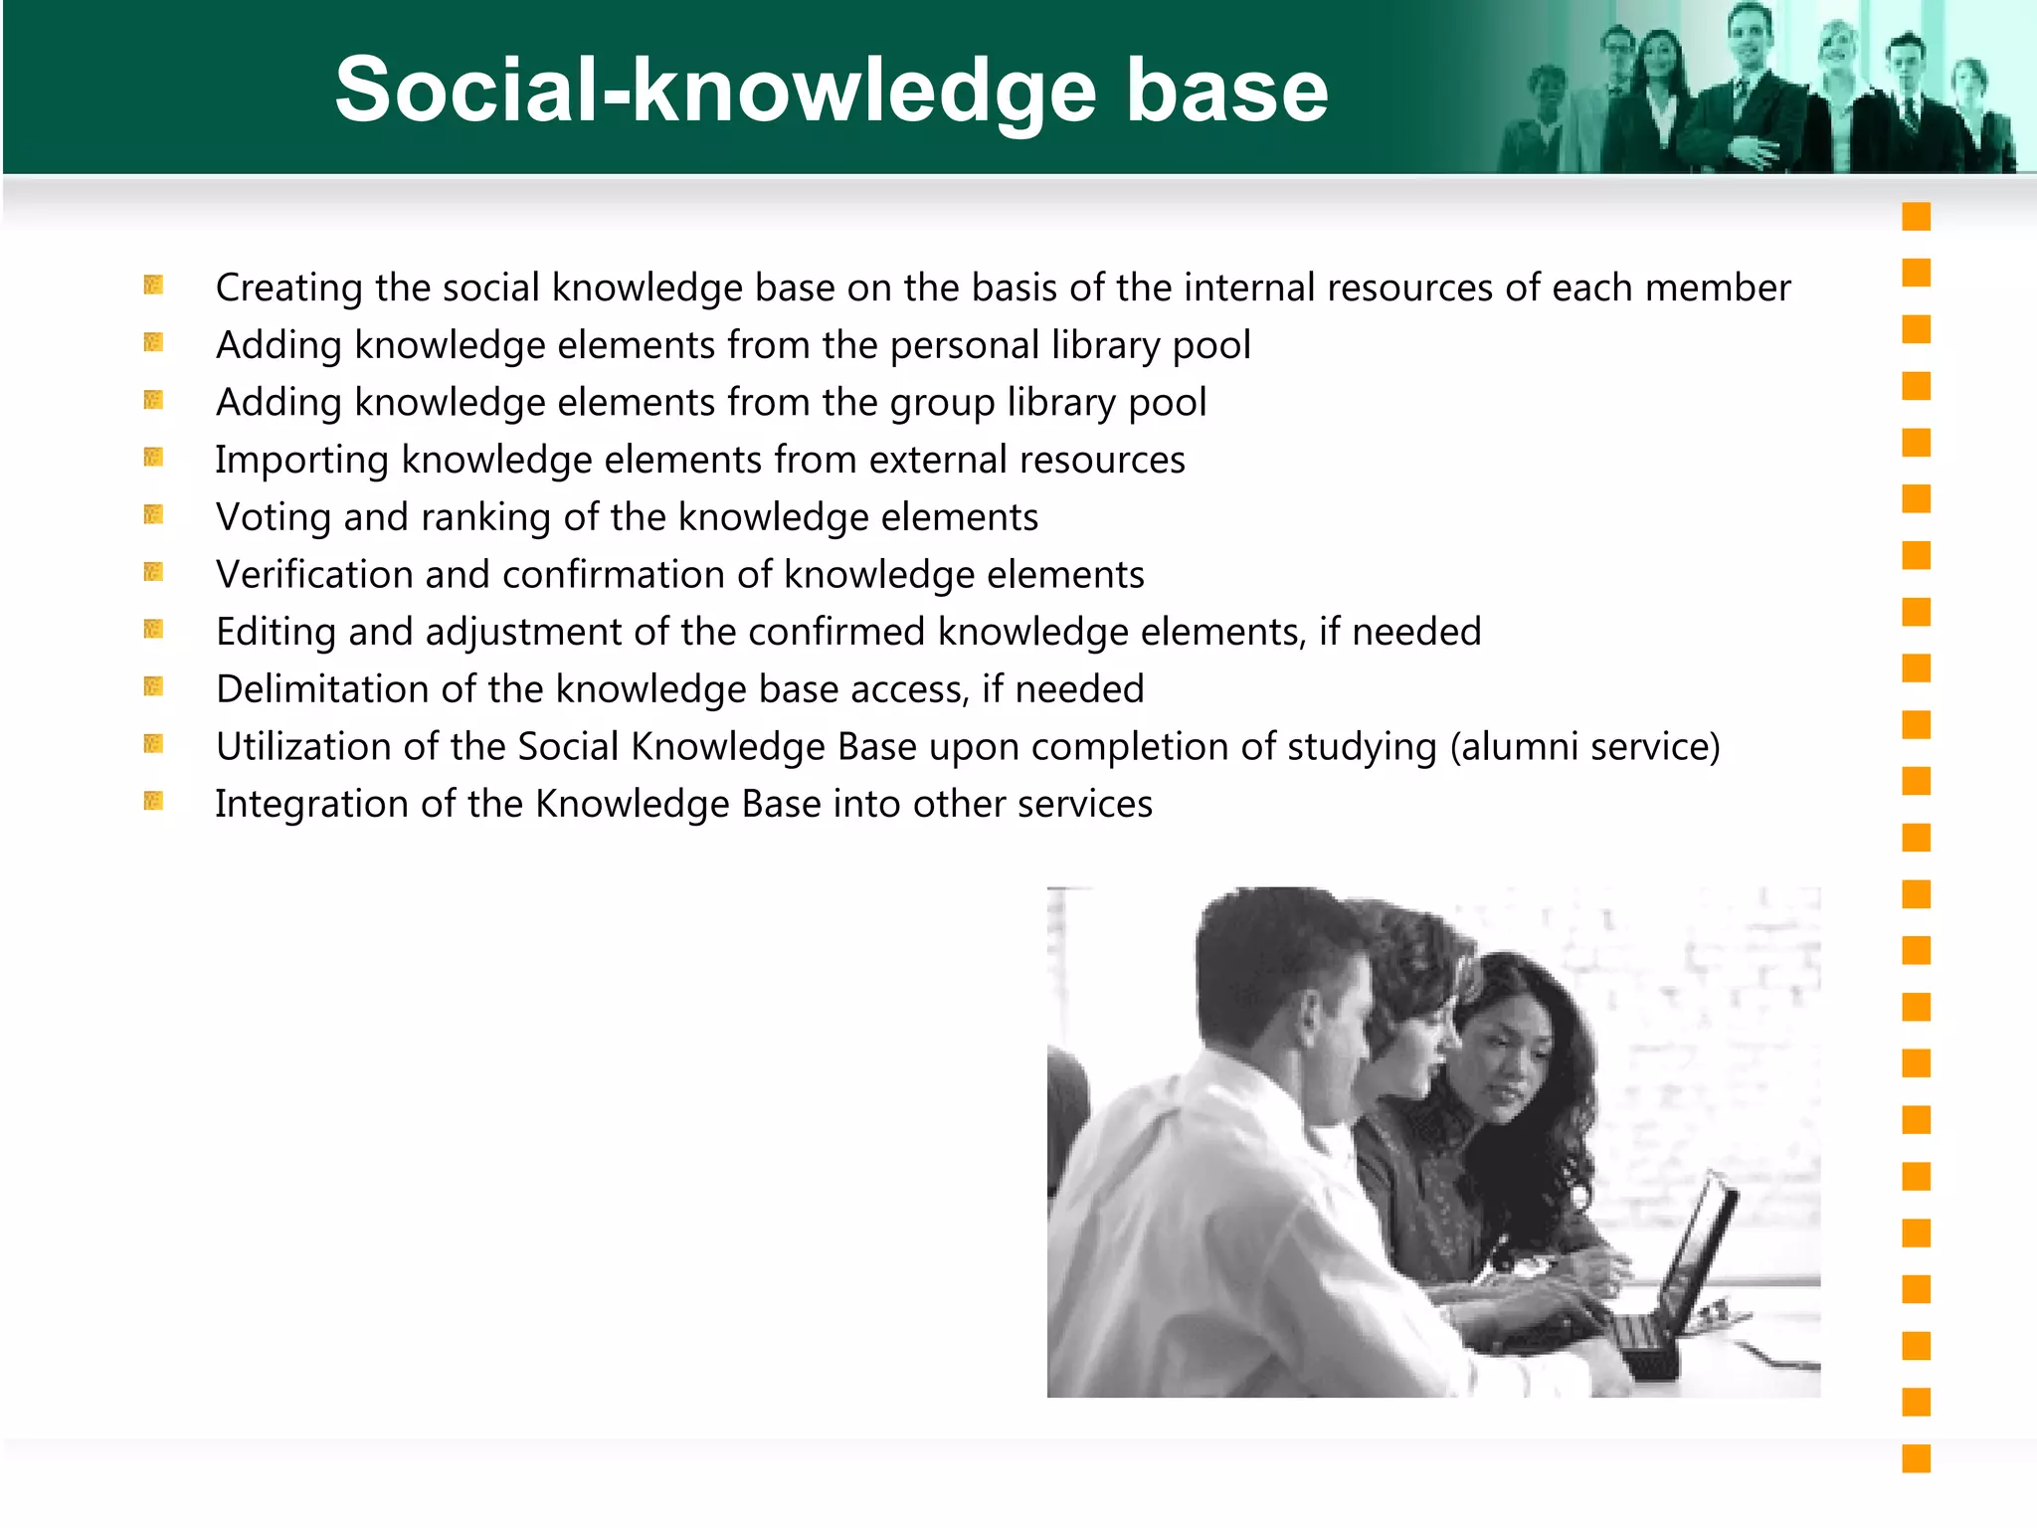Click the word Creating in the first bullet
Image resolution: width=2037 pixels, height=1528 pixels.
click(289, 287)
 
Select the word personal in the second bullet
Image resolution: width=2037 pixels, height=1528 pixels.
click(964, 345)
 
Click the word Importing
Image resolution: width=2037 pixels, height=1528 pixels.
click(301, 461)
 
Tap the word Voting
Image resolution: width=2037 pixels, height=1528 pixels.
click(274, 517)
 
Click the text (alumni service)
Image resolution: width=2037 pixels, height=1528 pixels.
click(1584, 747)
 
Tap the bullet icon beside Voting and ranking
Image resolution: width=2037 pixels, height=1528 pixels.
click(153, 514)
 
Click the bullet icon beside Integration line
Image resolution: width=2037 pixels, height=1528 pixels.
click(153, 801)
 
